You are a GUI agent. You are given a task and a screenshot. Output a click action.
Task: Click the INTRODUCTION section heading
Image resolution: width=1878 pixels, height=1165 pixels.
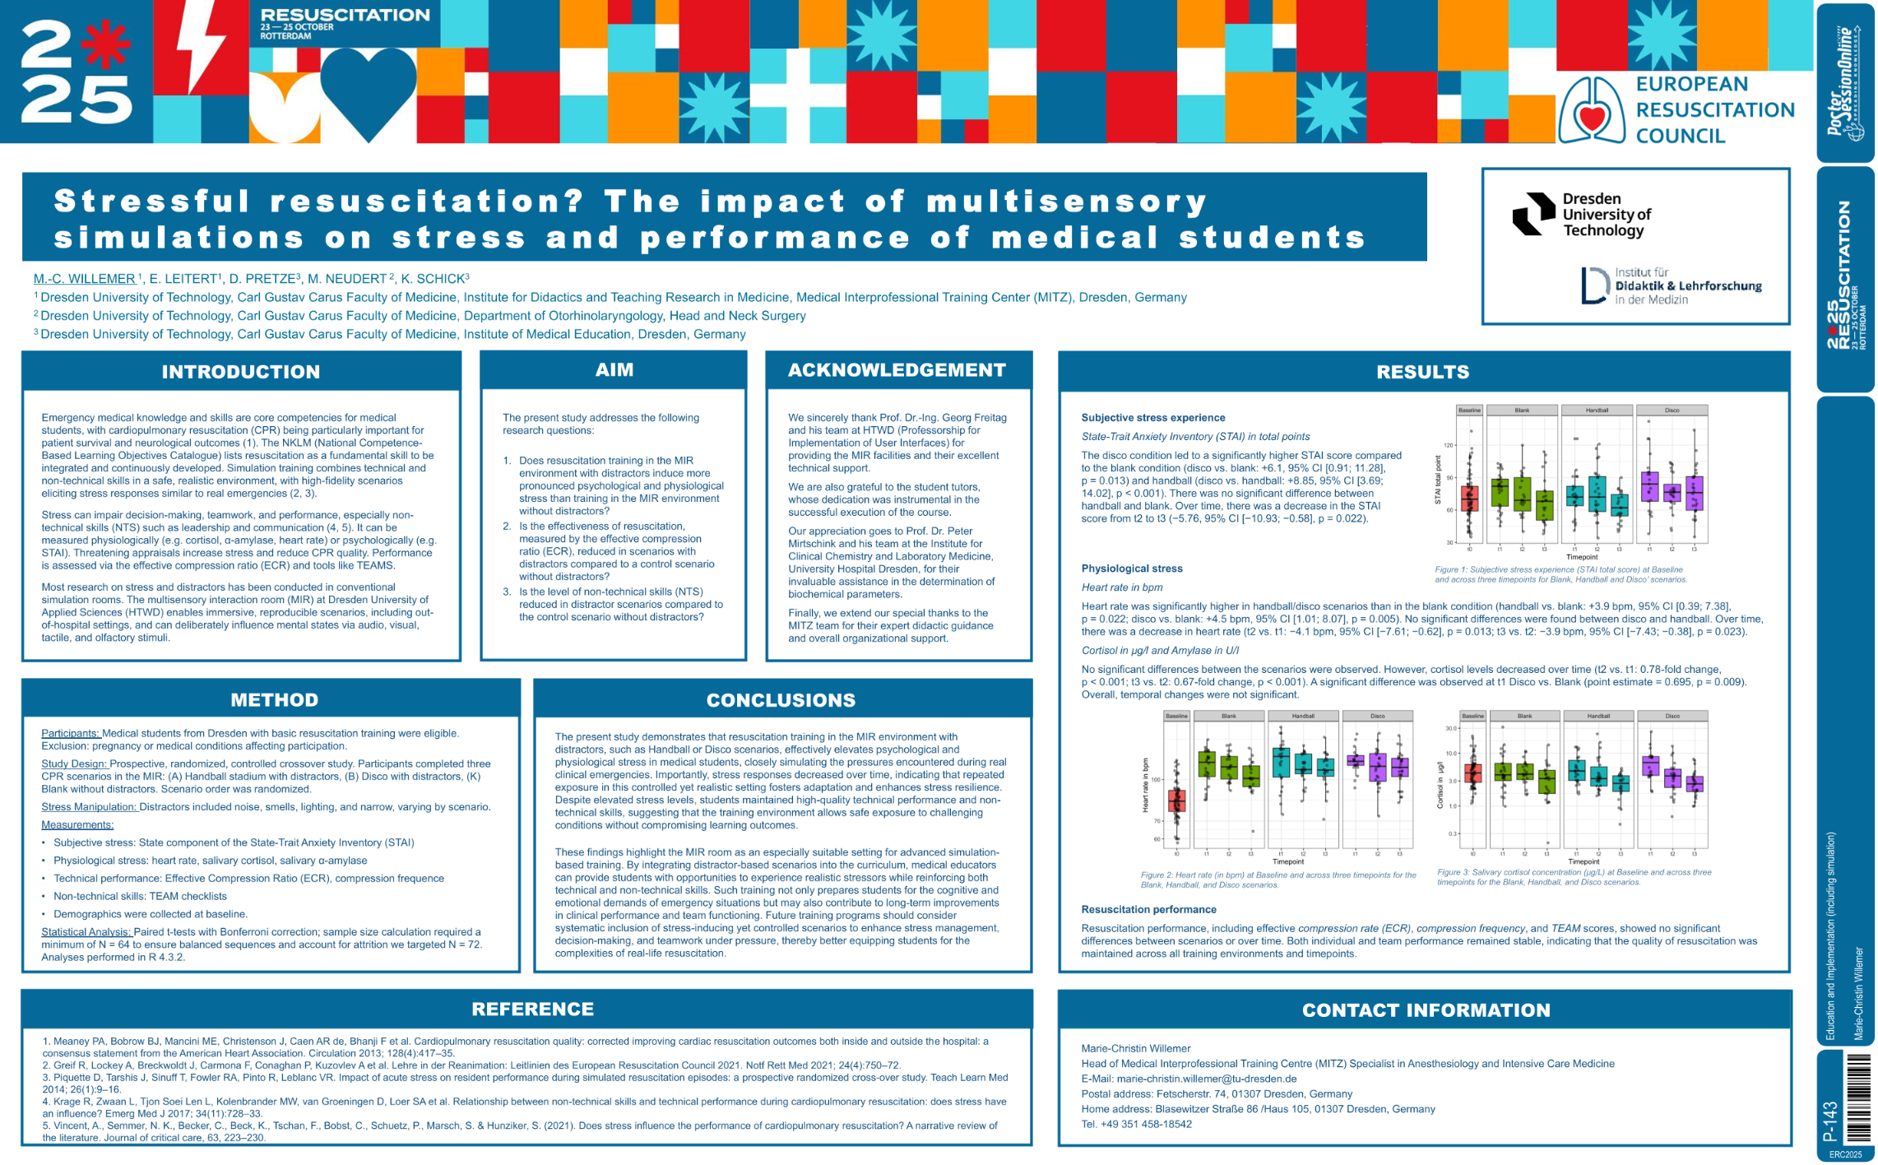pyautogui.click(x=240, y=372)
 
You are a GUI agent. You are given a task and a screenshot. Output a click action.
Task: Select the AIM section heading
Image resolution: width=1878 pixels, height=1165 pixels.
pyautogui.click(x=614, y=370)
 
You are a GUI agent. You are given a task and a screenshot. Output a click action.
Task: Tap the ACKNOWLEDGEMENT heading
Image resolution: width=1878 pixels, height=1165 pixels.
pyautogui.click(x=897, y=370)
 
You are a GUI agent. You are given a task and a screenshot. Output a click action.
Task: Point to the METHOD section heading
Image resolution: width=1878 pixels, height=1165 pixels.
pyautogui.click(x=274, y=700)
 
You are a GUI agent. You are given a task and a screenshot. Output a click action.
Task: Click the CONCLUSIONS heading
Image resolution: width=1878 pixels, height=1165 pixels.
pyautogui.click(x=781, y=700)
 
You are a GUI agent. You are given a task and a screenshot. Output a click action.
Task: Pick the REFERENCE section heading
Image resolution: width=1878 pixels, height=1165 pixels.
pyautogui.click(x=532, y=1010)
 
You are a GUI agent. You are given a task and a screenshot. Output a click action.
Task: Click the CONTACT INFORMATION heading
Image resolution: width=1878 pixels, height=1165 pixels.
pyautogui.click(x=1426, y=1010)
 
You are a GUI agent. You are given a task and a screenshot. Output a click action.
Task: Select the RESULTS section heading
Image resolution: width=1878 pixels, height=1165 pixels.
pyautogui.click(x=1422, y=372)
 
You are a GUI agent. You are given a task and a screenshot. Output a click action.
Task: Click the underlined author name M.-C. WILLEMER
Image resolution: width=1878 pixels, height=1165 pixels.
pyautogui.click(x=85, y=279)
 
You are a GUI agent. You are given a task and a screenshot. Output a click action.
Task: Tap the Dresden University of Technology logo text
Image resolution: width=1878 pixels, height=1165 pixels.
pyautogui.click(x=1606, y=215)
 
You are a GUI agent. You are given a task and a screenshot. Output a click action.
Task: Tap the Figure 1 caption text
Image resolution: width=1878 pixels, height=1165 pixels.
pyautogui.click(x=1559, y=574)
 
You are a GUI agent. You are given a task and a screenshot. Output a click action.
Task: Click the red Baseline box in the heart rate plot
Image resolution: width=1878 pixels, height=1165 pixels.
pyautogui.click(x=1176, y=801)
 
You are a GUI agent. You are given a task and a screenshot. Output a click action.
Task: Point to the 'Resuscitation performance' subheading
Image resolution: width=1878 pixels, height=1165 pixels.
pyautogui.click(x=1148, y=909)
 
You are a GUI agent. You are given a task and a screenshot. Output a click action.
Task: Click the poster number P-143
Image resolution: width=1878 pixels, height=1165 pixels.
pyautogui.click(x=1829, y=1121)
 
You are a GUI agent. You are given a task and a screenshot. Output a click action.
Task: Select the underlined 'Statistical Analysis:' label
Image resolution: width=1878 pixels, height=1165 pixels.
pyautogui.click(x=86, y=932)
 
